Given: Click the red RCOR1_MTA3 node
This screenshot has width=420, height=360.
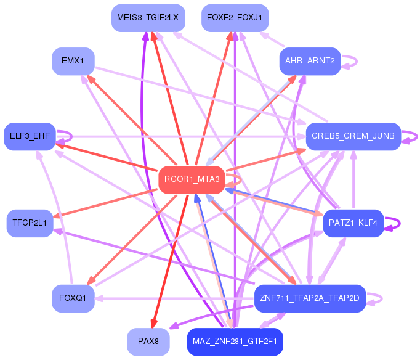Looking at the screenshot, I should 191,179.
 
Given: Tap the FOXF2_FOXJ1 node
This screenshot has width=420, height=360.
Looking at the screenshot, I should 235,18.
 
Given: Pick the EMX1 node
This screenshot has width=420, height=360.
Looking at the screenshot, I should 73,61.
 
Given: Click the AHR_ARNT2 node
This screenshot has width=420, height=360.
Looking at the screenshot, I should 309,61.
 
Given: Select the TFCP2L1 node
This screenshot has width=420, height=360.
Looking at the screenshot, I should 30,223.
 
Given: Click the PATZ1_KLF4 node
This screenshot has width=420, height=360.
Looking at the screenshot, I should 353,223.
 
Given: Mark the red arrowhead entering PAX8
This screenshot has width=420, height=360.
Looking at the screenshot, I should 153,324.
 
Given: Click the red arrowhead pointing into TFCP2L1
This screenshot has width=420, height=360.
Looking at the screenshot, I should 56,216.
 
